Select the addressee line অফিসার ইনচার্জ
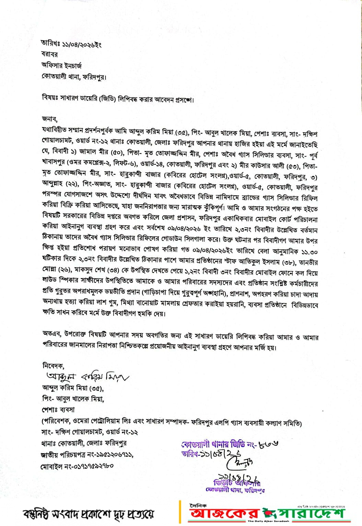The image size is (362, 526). pos(62,65)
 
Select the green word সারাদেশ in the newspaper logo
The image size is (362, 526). pos(311,513)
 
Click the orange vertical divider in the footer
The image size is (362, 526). pos(180,512)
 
